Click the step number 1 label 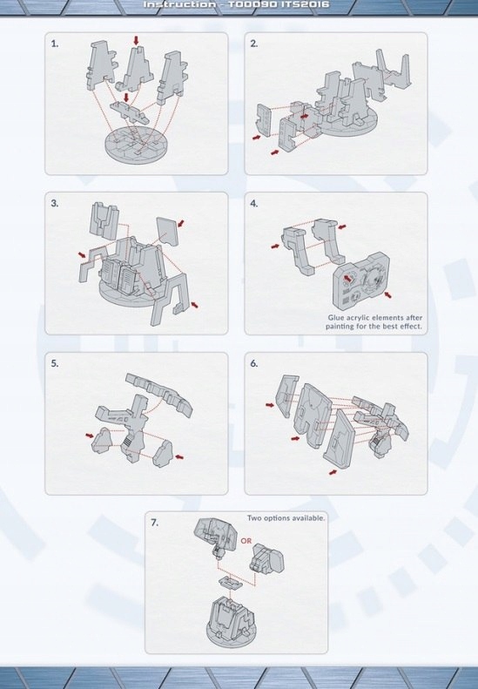pos(55,44)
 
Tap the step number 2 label pos(254,44)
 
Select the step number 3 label pos(55,204)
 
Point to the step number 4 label pos(254,204)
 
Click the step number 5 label pos(55,363)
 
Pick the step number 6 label pos(254,363)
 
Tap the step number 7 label pos(154,523)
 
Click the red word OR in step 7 pos(246,540)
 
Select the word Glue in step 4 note pos(336,317)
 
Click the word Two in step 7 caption pos(254,518)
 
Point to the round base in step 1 pos(136,144)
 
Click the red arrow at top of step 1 pos(136,40)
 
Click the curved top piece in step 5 pos(159,394)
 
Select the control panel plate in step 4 pos(361,280)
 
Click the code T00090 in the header pos(252,5)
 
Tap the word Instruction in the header pos(180,5)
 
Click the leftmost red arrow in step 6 pos(270,404)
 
